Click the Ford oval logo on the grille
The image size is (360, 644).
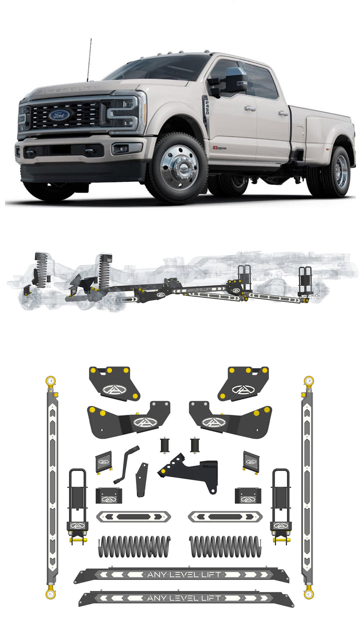pyautogui.click(x=59, y=115)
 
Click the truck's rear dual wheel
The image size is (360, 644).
pyautogui.click(x=336, y=172)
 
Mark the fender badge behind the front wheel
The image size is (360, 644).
pyautogui.click(x=216, y=148)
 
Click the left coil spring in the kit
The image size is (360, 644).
pyautogui.click(x=134, y=546)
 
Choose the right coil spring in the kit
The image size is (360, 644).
pyautogui.click(x=225, y=546)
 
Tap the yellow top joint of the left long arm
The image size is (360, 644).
pyautogui.click(x=50, y=382)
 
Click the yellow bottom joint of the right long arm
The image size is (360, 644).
pyautogui.click(x=308, y=593)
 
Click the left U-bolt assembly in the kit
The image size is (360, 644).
pyautogui.click(x=78, y=505)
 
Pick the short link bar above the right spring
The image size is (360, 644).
pyautogui.click(x=225, y=517)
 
